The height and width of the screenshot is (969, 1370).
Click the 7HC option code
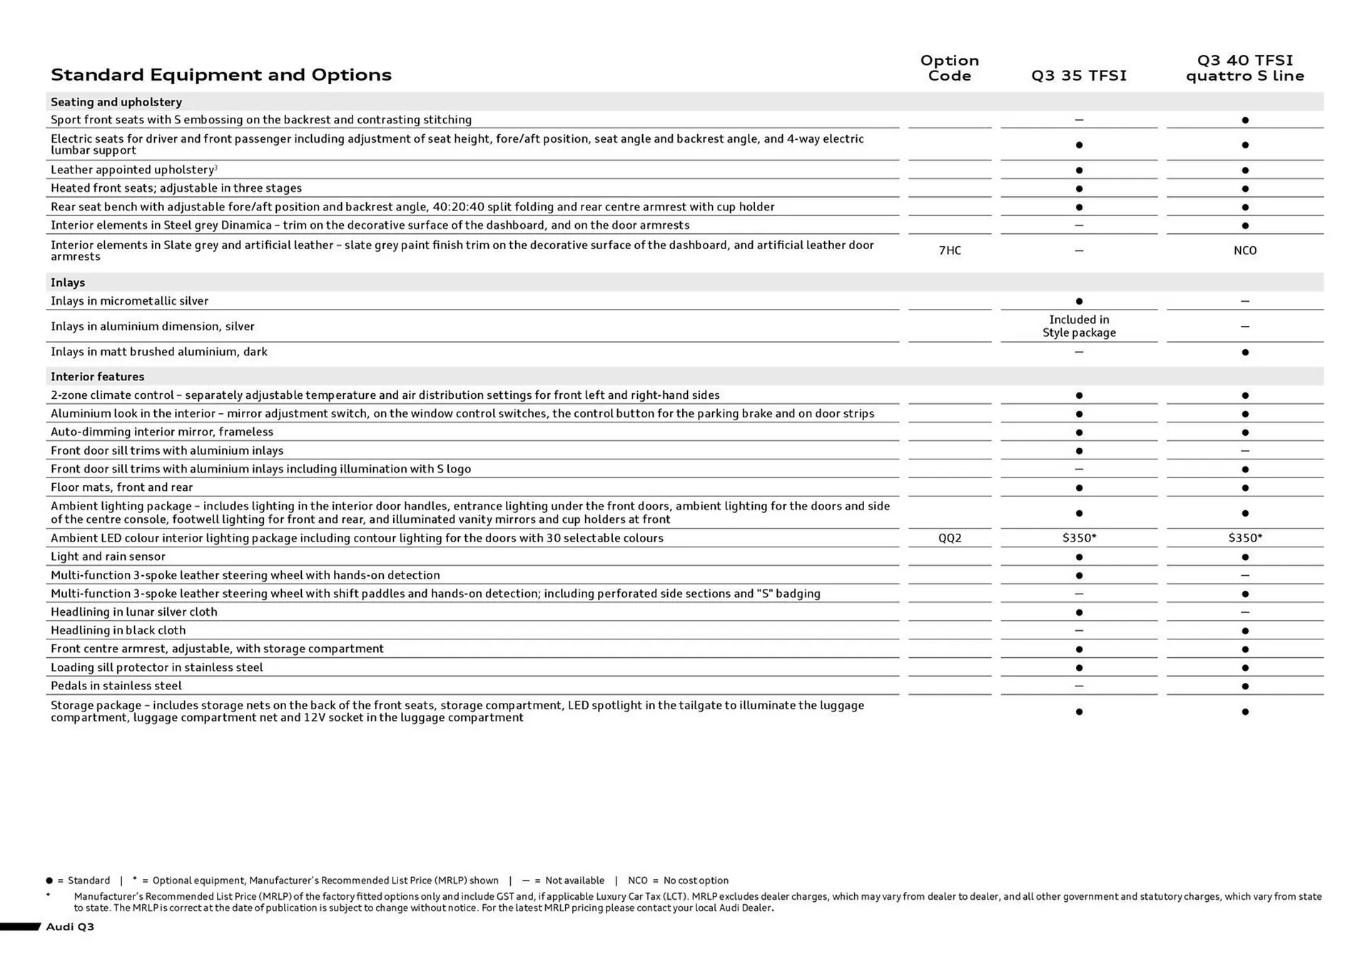(949, 250)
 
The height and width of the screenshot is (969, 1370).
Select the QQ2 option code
(949, 538)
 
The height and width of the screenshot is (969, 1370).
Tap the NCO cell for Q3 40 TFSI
(1244, 250)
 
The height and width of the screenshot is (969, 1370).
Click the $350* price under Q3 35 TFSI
(1079, 538)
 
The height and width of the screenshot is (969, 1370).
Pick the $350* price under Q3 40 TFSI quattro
(1244, 538)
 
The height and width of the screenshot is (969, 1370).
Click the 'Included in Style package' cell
(1079, 326)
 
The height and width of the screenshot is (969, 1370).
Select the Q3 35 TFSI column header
(1079, 76)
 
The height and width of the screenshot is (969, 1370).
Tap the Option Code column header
(949, 68)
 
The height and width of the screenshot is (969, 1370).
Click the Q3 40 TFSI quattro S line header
(1244, 68)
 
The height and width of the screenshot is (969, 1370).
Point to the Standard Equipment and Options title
(221, 75)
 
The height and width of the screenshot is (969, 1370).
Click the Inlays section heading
(68, 283)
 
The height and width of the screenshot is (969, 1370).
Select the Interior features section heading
(97, 377)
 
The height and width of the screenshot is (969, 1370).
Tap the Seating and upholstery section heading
(116, 102)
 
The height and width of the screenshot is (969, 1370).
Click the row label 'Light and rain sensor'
(108, 557)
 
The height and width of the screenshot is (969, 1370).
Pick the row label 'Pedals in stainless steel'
(116, 686)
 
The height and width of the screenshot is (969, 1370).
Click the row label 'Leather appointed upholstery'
(133, 170)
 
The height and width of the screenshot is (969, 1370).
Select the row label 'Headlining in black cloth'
(118, 630)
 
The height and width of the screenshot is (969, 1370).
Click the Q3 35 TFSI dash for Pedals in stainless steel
(1079, 686)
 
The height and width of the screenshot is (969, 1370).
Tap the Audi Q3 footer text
(70, 927)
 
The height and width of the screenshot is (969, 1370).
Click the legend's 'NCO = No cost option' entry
(678, 881)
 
